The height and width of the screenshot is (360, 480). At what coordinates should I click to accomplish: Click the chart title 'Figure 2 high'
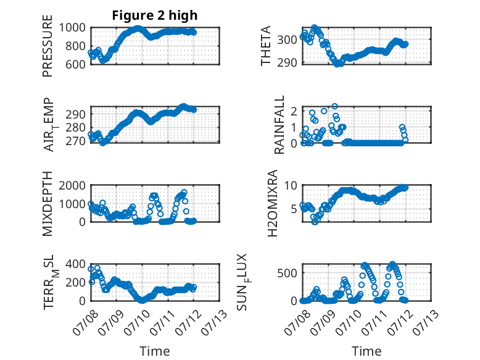[155, 15]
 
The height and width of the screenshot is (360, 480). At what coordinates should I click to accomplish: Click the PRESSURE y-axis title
[48, 46]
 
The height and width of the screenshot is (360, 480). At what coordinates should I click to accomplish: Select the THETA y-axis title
[266, 46]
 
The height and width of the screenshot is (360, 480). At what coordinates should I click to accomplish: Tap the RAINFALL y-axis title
[279, 125]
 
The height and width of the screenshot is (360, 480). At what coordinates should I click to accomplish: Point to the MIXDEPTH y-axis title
[48, 203]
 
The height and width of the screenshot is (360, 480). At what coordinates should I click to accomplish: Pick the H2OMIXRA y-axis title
[272, 203]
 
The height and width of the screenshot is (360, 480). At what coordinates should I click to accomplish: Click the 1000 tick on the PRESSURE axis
[72, 28]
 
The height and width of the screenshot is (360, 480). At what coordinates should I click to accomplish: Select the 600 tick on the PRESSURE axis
[75, 64]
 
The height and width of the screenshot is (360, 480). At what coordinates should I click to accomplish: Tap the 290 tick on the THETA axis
[287, 62]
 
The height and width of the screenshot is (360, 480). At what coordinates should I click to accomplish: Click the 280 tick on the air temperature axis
[75, 127]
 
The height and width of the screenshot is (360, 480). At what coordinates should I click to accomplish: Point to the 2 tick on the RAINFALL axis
[294, 111]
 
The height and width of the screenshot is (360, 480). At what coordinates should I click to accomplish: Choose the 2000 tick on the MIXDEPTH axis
[72, 185]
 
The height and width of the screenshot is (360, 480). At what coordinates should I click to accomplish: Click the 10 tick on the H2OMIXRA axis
[291, 185]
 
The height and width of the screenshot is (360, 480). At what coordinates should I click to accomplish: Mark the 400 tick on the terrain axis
[75, 264]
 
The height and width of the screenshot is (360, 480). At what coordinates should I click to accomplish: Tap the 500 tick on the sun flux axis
[287, 273]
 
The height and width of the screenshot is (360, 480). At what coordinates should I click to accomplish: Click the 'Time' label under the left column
[155, 351]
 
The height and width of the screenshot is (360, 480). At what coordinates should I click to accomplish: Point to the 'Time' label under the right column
[366, 351]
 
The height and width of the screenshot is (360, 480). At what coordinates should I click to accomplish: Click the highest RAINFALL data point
[334, 106]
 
